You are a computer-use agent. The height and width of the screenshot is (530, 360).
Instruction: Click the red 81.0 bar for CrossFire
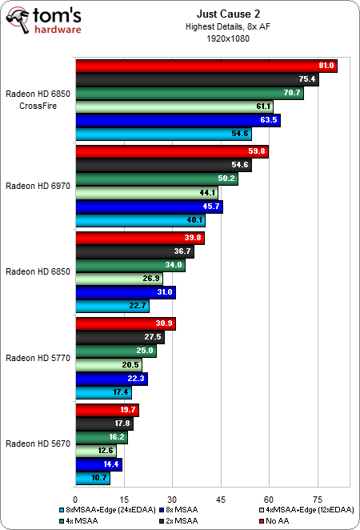click(x=206, y=66)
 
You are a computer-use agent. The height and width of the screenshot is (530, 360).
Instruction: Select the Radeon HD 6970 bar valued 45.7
click(x=148, y=207)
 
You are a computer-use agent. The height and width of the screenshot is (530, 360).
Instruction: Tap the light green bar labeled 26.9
click(x=118, y=279)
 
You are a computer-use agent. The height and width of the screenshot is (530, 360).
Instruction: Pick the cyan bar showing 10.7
click(x=92, y=479)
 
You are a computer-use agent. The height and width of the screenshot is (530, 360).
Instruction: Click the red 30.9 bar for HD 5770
click(x=124, y=323)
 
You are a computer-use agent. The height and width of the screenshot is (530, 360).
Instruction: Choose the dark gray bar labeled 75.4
click(x=196, y=79)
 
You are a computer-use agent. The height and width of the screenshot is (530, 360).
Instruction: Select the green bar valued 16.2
click(x=101, y=438)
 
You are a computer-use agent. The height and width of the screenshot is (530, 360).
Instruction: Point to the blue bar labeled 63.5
click(x=177, y=120)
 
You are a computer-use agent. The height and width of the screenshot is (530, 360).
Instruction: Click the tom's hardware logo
click(x=45, y=22)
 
